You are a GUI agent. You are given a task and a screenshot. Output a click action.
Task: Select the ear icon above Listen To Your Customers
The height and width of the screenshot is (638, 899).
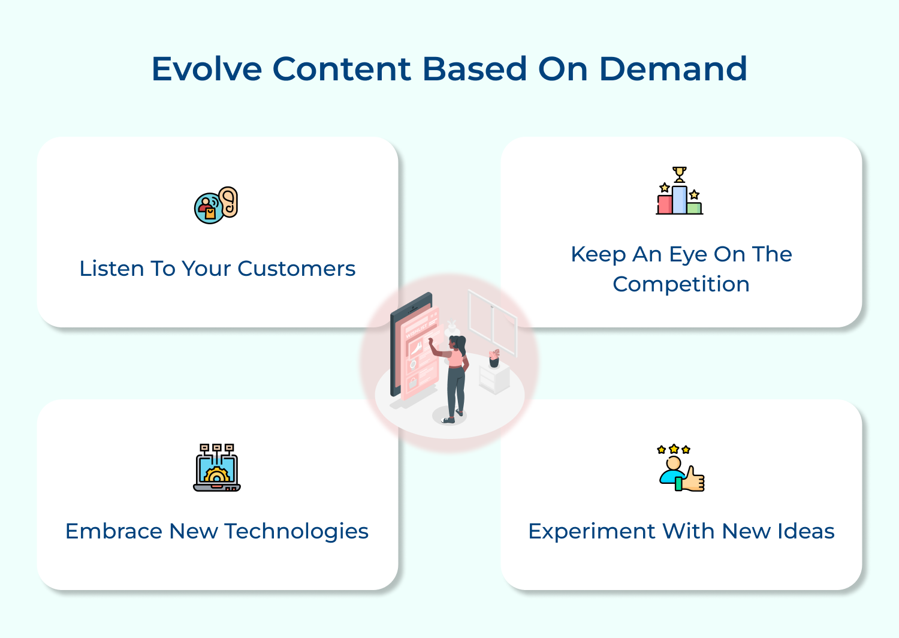pos(228,201)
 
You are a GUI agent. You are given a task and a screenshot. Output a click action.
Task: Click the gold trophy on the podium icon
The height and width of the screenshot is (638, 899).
pos(679,174)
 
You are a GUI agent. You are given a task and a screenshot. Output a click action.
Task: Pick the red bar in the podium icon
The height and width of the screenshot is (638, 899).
pos(665,204)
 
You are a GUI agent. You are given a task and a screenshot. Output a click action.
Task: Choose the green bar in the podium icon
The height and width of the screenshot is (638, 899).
pos(694,208)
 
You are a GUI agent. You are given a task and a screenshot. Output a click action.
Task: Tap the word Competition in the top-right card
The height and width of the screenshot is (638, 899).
pos(681,284)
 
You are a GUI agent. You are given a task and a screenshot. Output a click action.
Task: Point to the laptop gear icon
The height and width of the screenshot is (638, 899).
pos(217,468)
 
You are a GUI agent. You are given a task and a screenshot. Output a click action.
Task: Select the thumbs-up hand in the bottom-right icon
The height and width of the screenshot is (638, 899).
pos(693,479)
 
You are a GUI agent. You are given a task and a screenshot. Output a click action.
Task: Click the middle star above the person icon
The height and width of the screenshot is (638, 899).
pos(674,449)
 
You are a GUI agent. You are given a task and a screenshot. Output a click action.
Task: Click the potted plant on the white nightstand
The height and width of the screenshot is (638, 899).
pos(494,359)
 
